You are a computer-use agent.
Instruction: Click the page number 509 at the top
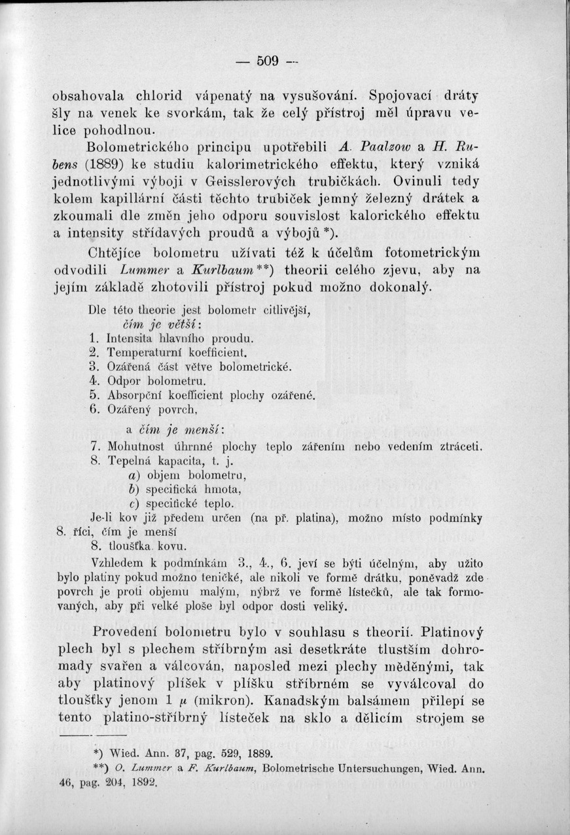pyautogui.click(x=268, y=61)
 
